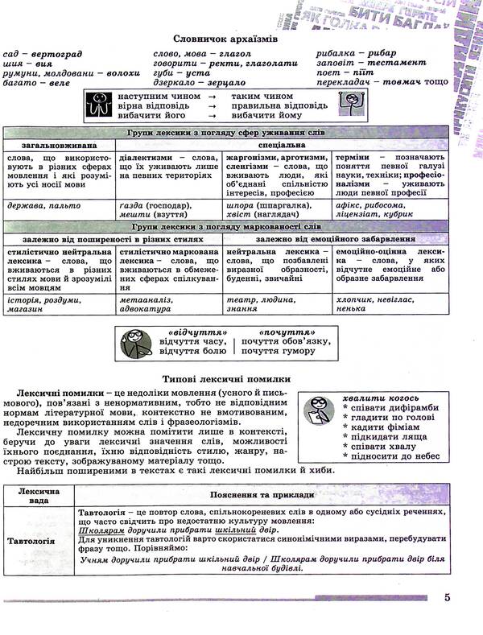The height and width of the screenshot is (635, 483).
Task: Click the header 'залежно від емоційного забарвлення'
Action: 336,239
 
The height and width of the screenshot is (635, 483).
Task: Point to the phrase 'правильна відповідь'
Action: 279,105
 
